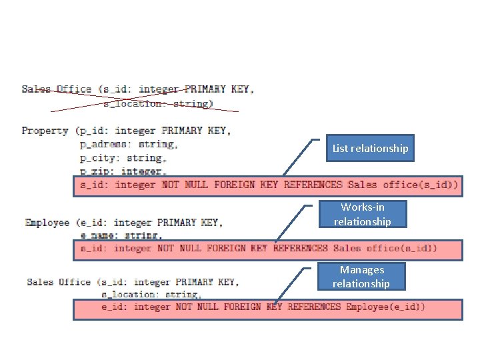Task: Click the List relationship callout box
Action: pyautogui.click(x=371, y=149)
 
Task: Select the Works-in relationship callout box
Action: pyautogui.click(x=362, y=215)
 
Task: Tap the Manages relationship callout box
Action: pyautogui.click(x=361, y=277)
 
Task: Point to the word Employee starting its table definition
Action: pyautogui.click(x=49, y=222)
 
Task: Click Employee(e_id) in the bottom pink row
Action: pyautogui.click(x=385, y=307)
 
